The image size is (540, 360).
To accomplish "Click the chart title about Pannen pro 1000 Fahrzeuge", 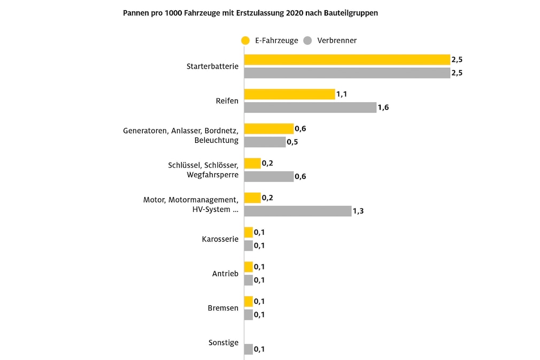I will point(250,13).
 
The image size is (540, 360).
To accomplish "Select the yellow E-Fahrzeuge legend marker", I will point(246,40).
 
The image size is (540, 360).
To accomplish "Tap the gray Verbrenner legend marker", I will point(308,40).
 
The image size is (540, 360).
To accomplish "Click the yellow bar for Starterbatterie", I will point(347,59).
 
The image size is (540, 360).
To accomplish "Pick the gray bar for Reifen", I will point(310,108).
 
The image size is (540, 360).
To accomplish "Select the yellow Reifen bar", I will point(289,94).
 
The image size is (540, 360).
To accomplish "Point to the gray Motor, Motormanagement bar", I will point(298,211).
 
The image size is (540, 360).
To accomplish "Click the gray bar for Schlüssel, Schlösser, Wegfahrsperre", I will point(269,177).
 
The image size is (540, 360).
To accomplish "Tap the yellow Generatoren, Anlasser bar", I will point(269,128).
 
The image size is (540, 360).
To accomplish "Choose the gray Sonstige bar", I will point(249,349).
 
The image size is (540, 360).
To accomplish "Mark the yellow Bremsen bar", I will point(249,301).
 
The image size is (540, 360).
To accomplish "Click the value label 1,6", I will point(383,108).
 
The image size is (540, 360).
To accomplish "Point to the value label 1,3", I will point(359,211).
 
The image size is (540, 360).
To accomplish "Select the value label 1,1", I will point(342,94).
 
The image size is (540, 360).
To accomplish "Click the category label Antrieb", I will point(225,274).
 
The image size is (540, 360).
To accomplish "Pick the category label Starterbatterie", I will point(212,66).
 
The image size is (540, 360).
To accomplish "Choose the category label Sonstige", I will point(223,342).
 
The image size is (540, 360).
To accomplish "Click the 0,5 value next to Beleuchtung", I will point(292,142).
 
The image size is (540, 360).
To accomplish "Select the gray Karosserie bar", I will point(249,246).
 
